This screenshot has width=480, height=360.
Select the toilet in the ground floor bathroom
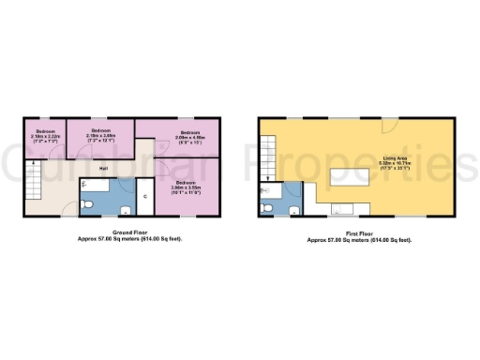pyautogui.click(x=86, y=203)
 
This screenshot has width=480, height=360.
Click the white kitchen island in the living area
pyautogui.click(x=355, y=177)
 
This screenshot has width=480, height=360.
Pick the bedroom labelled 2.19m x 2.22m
pyautogui.click(x=46, y=137)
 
